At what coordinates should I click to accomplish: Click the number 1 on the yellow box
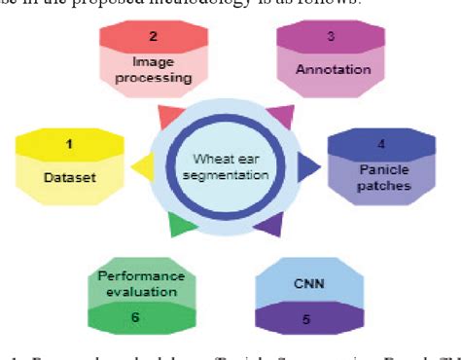[68, 145]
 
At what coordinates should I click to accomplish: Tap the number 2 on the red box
[153, 37]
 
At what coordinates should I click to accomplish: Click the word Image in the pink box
[154, 61]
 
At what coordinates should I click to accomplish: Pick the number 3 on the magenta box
[330, 36]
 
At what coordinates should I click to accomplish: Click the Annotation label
[334, 70]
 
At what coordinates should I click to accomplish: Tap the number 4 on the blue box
[381, 145]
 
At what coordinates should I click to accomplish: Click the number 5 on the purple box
[306, 318]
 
